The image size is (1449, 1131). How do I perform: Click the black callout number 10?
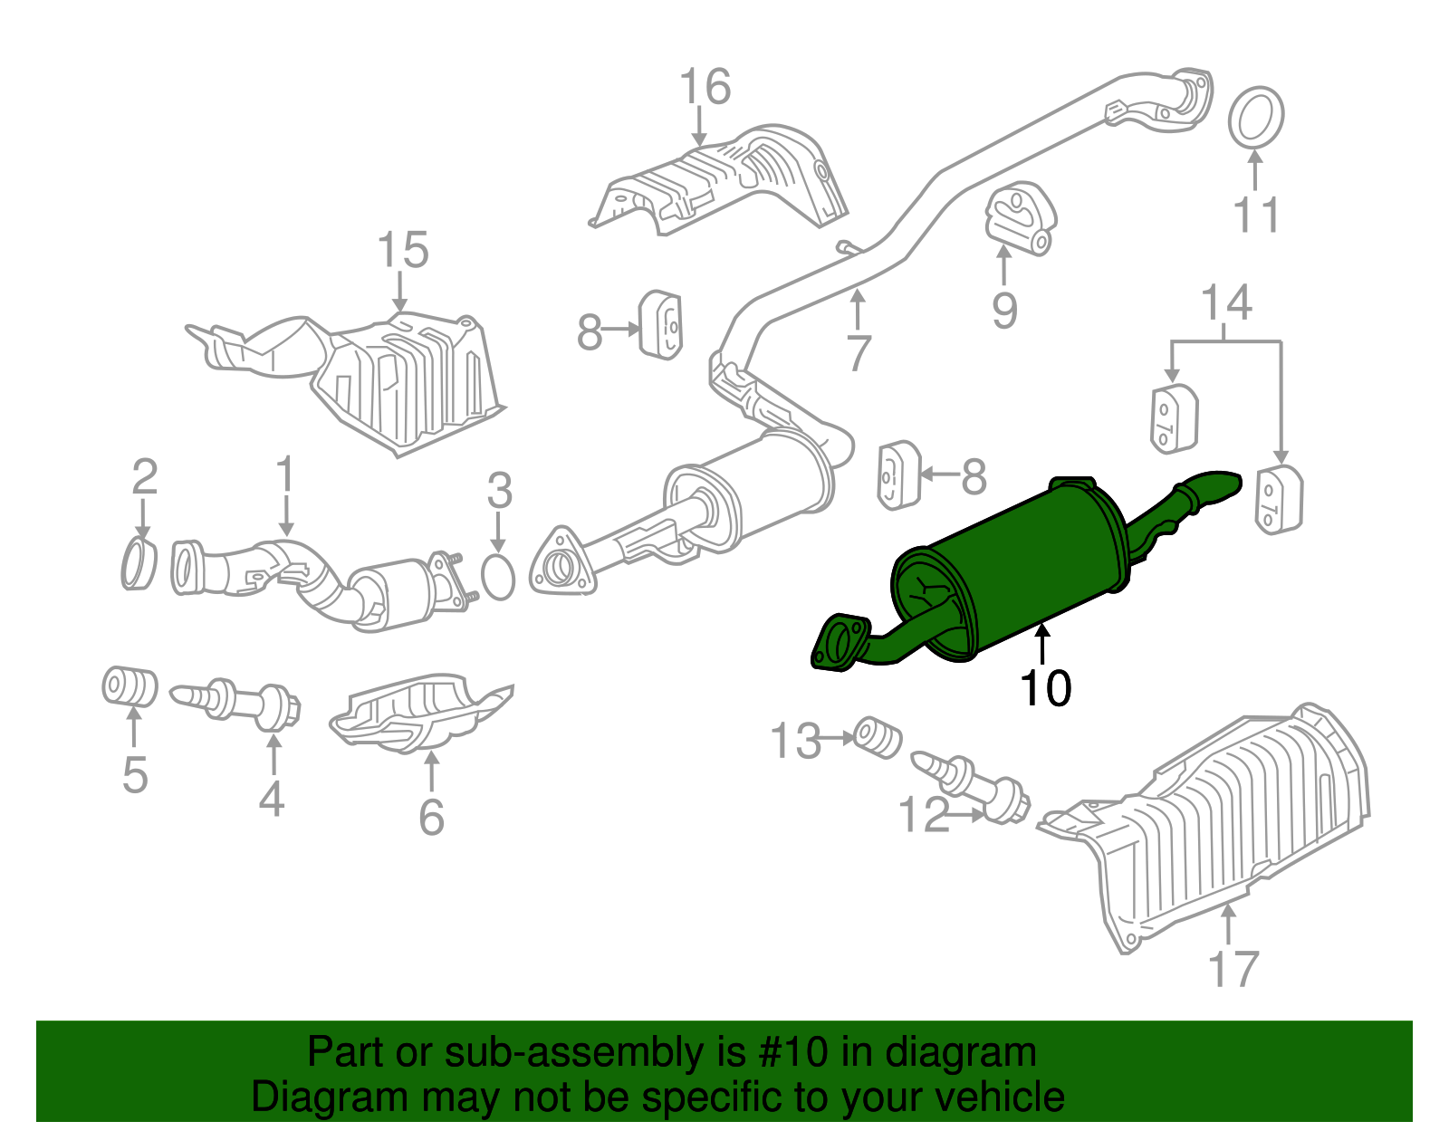point(1045,688)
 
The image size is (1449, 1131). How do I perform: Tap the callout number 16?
point(705,88)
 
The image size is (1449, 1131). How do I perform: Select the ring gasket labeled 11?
point(1256,117)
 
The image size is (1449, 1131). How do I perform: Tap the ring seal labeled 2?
point(139,563)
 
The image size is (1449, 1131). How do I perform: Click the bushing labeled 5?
point(129,686)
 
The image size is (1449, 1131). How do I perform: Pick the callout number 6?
point(432,817)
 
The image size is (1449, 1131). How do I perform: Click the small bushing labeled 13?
point(878,737)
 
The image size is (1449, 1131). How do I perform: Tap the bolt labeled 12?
point(974,784)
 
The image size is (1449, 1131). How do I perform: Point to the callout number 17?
point(1233,969)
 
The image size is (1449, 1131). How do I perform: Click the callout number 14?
point(1226,303)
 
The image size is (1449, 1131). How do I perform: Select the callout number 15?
point(402,250)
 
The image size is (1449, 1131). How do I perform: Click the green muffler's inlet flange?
point(839,641)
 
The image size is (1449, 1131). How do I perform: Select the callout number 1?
point(285,474)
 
